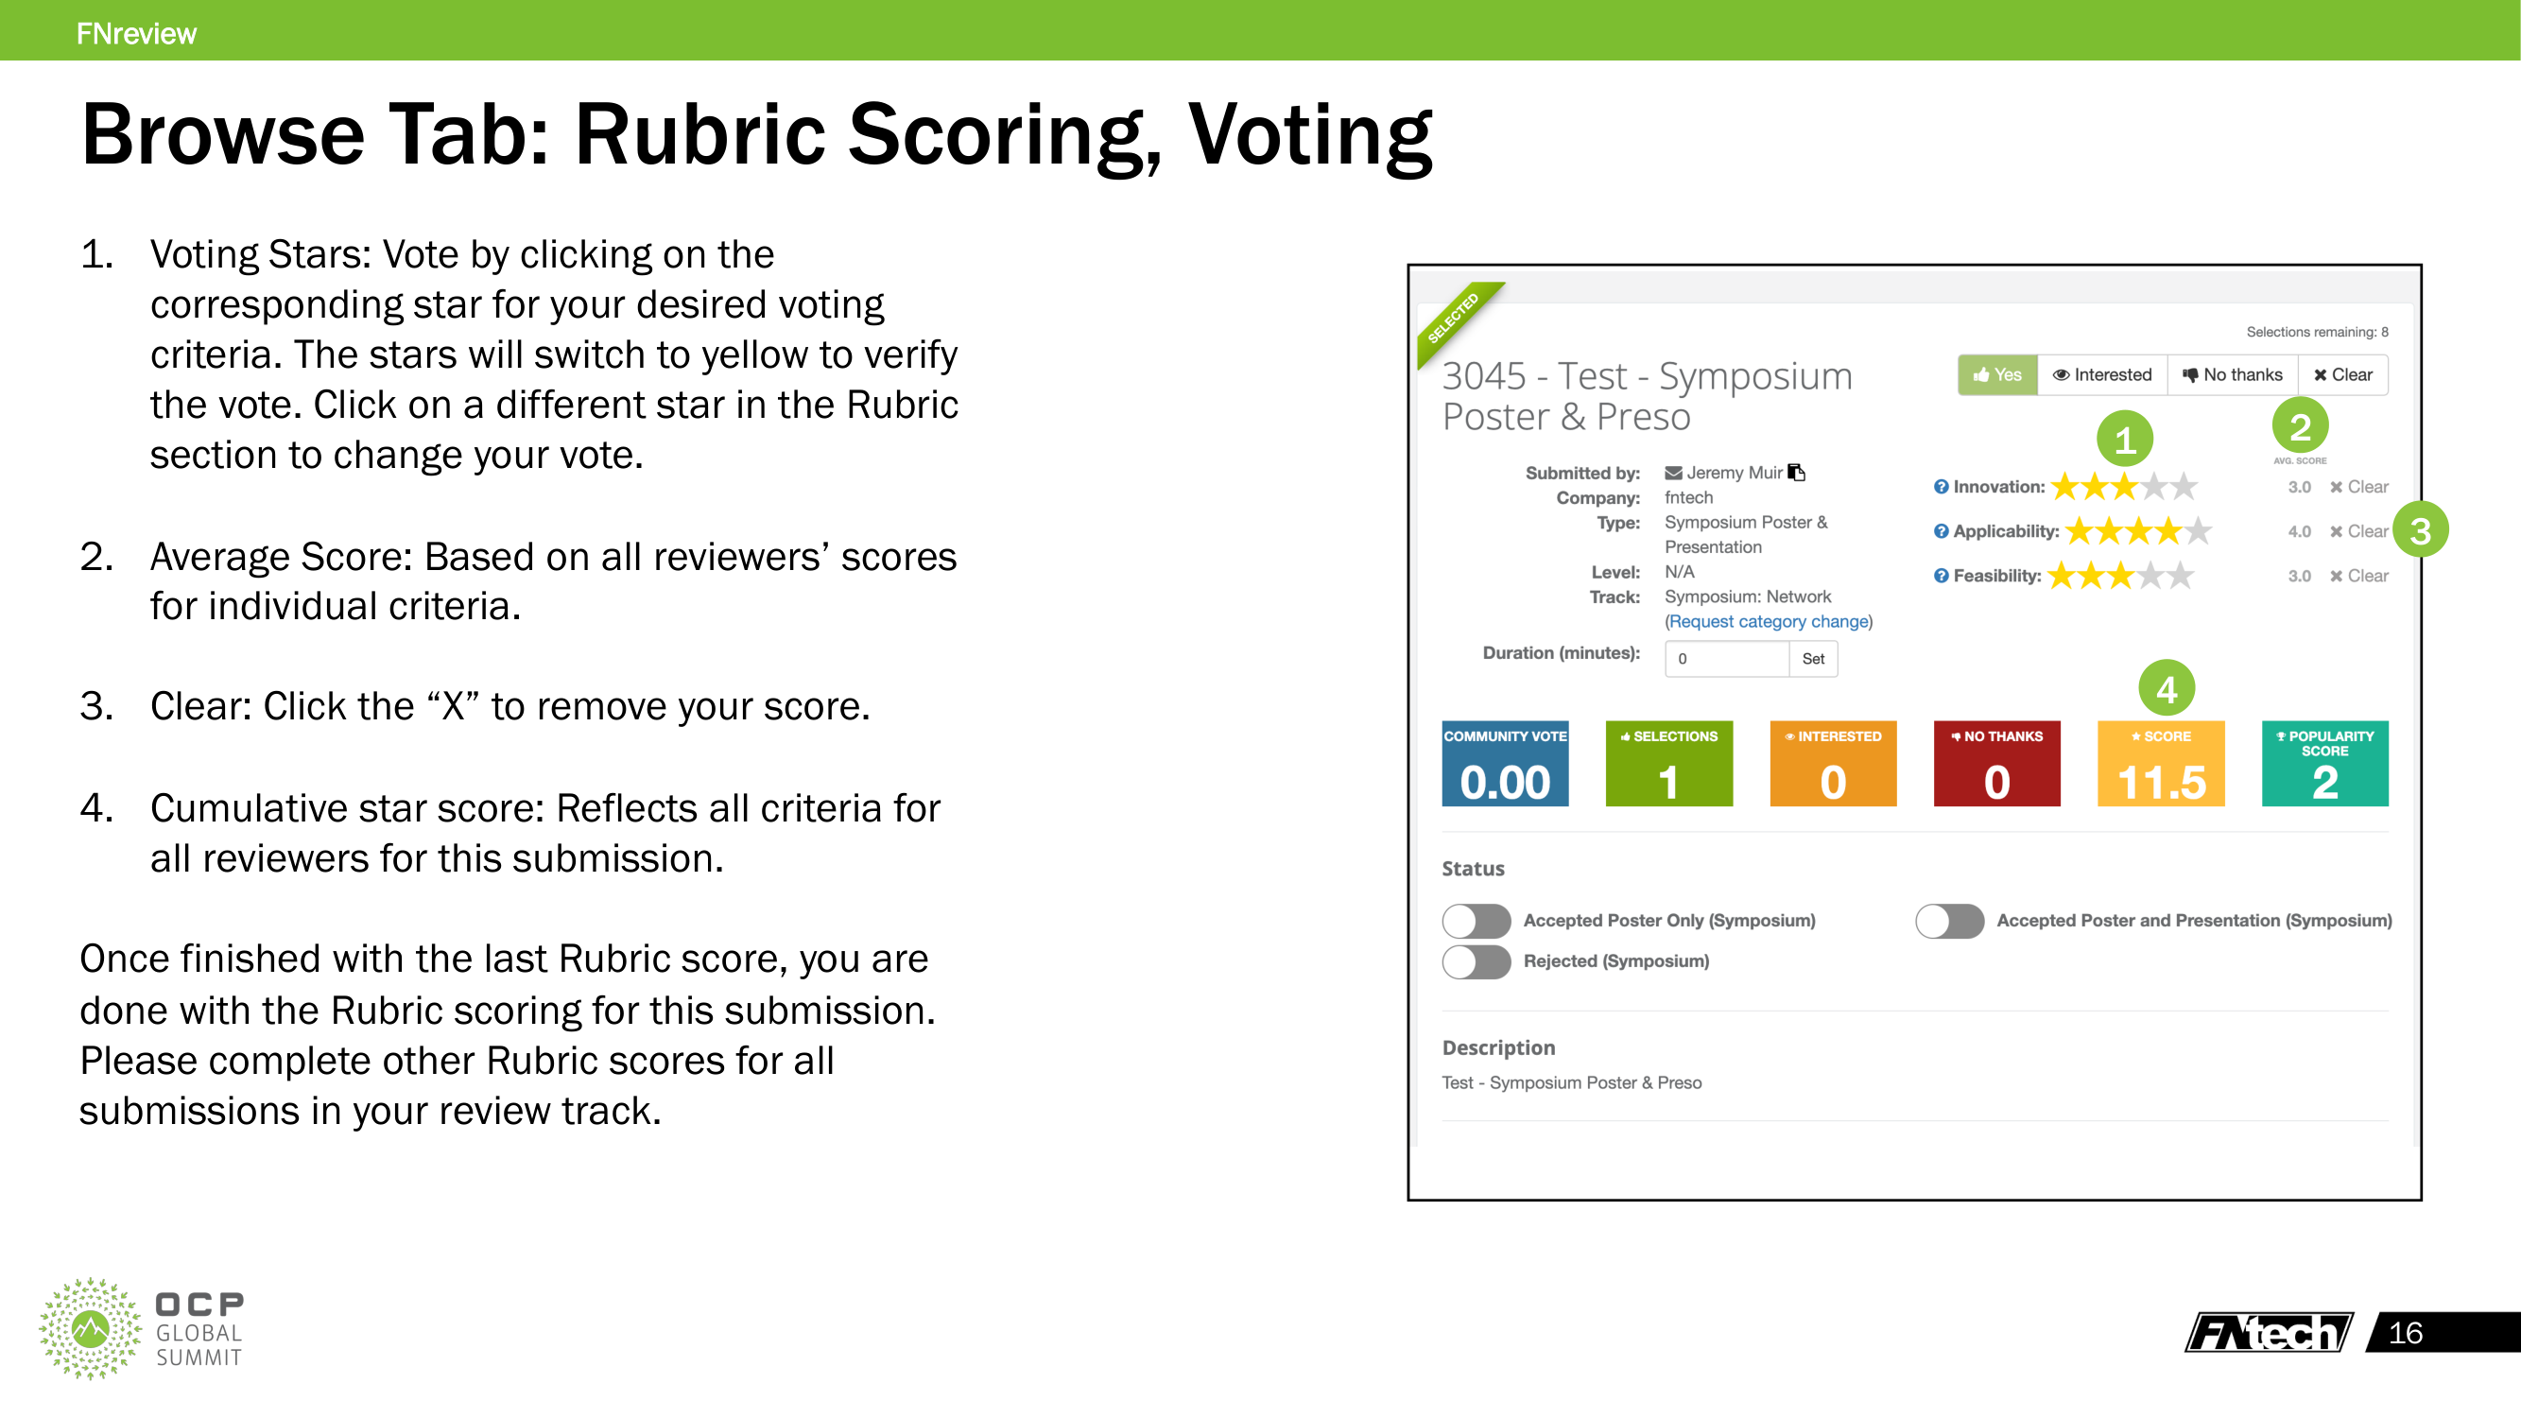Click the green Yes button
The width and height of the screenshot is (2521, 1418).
pos(1996,374)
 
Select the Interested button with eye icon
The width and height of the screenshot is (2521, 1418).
pos(2101,374)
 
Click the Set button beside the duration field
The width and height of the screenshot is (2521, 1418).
pos(1812,659)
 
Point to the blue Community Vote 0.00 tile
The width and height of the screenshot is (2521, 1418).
pos(1504,763)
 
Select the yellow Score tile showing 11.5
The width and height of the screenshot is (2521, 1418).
pos(2160,763)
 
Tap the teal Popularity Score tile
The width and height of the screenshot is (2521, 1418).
pos(2324,763)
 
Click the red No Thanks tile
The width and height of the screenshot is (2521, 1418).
pos(1996,763)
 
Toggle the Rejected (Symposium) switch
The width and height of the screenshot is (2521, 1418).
pos(1476,961)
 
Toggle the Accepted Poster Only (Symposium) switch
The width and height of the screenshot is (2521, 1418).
pos(1476,920)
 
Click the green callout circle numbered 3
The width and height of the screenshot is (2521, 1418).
pos(2420,530)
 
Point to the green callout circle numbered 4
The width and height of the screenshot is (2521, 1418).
pos(2166,689)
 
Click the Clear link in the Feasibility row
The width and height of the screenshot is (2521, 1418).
pos(2358,576)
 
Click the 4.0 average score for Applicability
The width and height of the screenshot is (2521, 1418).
pos(2299,531)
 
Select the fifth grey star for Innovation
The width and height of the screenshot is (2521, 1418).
pos(2184,486)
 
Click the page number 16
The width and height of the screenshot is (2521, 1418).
pos(2405,1332)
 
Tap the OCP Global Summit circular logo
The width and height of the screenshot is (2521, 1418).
pos(90,1328)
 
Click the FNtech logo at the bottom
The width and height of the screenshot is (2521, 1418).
pos(2268,1332)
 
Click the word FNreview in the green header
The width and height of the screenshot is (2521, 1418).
pos(136,33)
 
